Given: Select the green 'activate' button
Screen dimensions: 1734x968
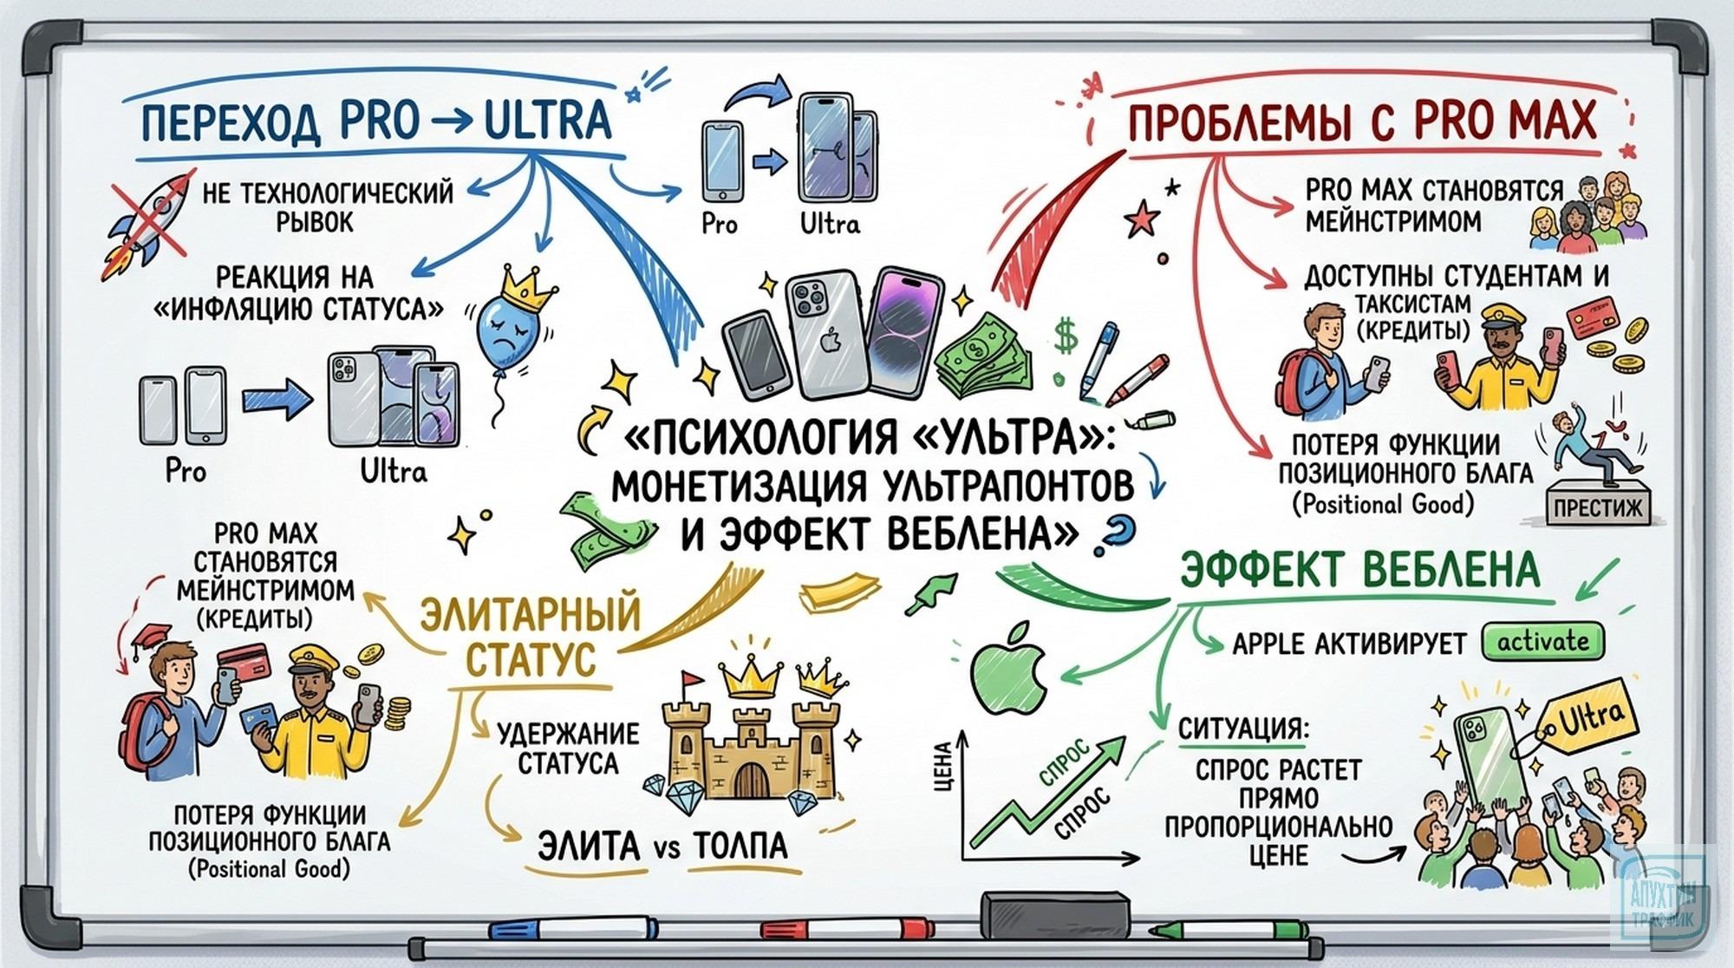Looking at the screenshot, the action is [1542, 642].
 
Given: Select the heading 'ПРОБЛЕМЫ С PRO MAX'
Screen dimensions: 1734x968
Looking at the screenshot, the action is [1361, 121].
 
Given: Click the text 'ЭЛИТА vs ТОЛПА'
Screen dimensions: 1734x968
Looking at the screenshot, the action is [662, 845].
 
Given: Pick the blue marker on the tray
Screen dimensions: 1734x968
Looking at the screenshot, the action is [572, 928].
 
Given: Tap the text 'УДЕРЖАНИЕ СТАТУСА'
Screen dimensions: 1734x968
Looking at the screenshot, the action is [568, 749].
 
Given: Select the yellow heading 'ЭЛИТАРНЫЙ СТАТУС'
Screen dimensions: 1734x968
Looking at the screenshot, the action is [531, 635].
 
